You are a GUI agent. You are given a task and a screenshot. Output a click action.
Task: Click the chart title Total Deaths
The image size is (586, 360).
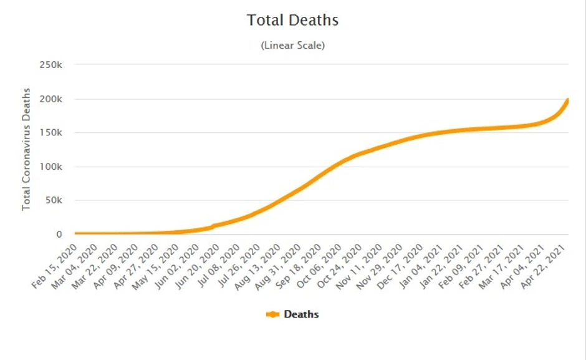292,20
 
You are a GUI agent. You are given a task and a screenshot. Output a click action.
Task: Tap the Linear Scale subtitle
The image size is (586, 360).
292,46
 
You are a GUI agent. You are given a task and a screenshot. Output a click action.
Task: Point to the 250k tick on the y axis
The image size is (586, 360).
50,65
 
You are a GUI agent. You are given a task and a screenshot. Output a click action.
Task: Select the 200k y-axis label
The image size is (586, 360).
50,99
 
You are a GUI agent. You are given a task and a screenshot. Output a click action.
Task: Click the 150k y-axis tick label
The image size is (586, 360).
50,133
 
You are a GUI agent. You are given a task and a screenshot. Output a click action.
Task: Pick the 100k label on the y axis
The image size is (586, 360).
50,167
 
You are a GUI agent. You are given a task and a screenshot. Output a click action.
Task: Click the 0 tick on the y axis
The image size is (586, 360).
59,235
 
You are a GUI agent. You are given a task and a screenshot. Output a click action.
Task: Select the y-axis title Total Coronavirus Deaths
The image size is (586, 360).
26,149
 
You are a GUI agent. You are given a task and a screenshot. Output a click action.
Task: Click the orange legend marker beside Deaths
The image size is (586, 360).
272,314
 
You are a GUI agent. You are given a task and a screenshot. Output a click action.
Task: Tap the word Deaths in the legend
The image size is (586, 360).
301,314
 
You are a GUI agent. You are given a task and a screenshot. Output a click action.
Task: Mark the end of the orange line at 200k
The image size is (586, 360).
568,100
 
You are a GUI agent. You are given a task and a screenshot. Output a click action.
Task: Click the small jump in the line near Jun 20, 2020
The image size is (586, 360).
213,226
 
